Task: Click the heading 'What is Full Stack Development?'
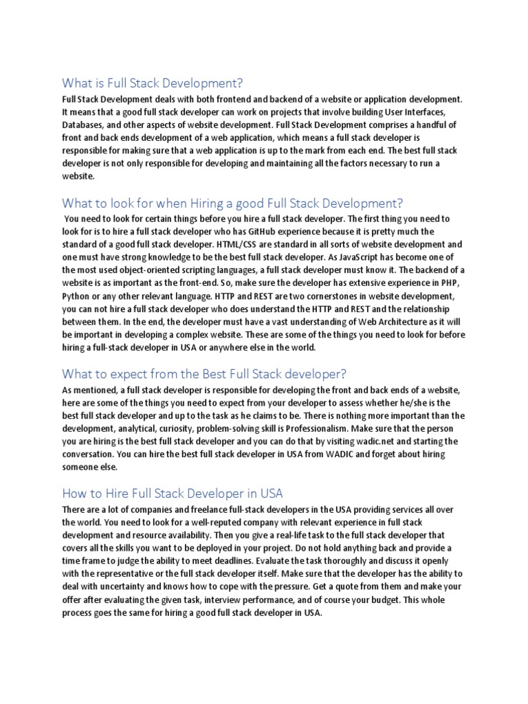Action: (x=153, y=84)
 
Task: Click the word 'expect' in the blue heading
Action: (x=130, y=374)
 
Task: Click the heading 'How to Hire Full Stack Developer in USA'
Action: (x=173, y=494)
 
